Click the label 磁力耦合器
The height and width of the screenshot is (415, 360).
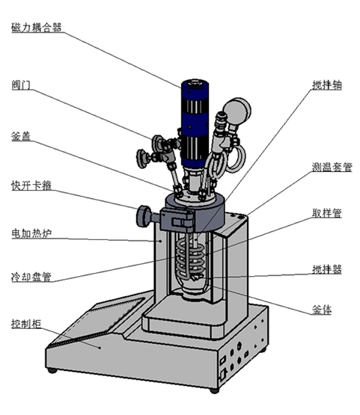pos(37,27)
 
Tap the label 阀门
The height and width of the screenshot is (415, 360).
pos(21,85)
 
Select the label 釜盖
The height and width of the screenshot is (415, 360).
pos(21,136)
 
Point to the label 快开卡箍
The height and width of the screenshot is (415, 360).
pos(31,185)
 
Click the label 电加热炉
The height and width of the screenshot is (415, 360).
pos(31,234)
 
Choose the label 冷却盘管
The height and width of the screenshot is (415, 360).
pos(31,277)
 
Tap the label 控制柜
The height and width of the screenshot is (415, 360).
pos(26,324)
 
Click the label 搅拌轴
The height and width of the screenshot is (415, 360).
pos(327,85)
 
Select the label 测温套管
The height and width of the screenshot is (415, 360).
pos(332,167)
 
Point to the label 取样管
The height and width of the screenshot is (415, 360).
pos(327,213)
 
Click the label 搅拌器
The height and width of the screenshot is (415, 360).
pos(327,269)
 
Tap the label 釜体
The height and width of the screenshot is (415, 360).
pos(322,310)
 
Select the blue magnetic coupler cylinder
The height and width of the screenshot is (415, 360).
pos(195,123)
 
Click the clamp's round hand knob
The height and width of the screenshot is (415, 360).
pos(143,217)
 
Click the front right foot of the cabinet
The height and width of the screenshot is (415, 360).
pos(214,390)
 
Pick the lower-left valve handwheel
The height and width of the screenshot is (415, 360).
pos(142,159)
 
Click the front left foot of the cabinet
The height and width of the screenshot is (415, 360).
pos(52,370)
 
